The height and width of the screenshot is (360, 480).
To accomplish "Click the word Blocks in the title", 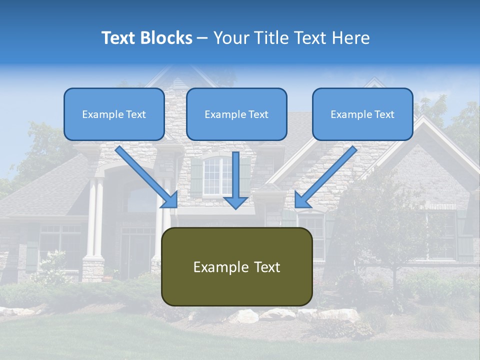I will point(167,38).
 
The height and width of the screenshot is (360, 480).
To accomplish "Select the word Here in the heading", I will point(350,38).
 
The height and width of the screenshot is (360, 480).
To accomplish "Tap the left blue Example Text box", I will point(114,114).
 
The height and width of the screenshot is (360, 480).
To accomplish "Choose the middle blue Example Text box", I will point(236,114).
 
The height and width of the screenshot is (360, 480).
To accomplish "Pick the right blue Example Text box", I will point(362,114).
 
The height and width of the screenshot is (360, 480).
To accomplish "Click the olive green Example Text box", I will point(236,266).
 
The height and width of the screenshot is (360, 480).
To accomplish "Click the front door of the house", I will point(137,255).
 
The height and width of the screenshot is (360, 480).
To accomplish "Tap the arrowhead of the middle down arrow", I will point(235,202).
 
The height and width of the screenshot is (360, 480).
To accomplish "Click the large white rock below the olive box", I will point(243,316).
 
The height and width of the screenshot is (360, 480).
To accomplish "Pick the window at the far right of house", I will point(443,235).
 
